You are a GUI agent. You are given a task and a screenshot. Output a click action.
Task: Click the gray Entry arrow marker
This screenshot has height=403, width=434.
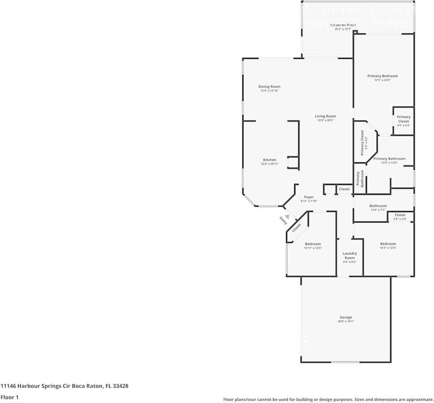287,217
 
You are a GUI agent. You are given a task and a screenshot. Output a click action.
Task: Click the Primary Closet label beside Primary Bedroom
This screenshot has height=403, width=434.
403,119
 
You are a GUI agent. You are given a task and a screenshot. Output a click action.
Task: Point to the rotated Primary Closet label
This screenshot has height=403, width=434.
362,142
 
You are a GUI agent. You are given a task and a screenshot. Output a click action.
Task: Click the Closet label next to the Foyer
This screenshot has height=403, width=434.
344,189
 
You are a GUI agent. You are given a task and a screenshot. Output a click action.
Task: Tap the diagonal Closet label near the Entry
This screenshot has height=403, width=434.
296,228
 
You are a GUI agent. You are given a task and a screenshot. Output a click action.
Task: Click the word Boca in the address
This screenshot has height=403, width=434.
76,386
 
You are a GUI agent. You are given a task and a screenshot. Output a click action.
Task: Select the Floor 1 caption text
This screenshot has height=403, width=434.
10,397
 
